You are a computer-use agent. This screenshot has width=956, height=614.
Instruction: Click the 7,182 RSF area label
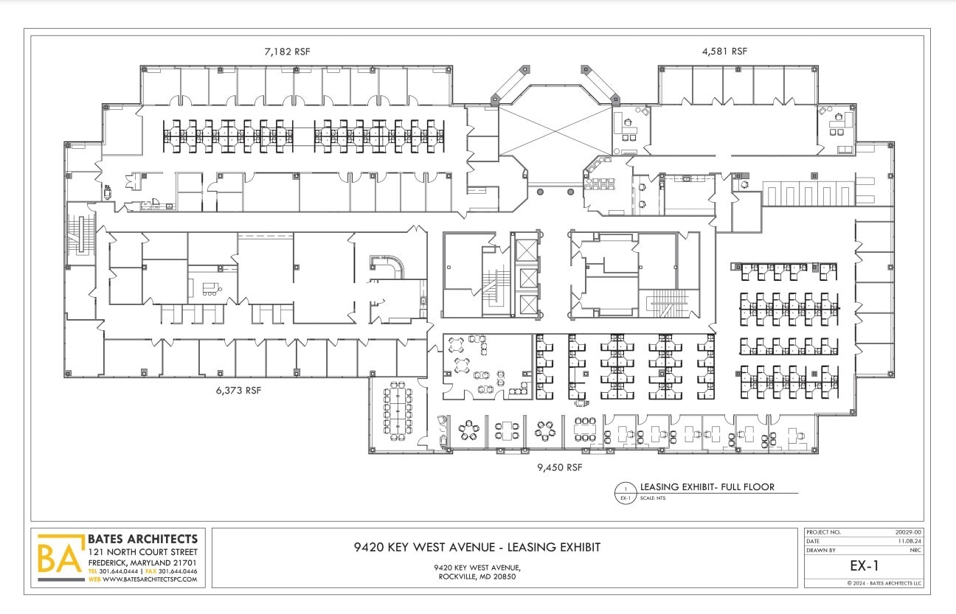(x=287, y=52)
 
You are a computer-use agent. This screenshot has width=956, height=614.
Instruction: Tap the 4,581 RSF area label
(x=724, y=52)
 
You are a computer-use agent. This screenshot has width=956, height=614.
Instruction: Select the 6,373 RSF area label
(x=238, y=390)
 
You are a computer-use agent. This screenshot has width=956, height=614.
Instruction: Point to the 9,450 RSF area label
(x=560, y=467)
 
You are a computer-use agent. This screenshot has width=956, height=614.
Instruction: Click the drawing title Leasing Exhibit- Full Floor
(x=707, y=487)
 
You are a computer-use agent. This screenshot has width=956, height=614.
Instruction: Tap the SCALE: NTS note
(x=654, y=499)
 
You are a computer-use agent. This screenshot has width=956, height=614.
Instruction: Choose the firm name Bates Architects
(x=142, y=539)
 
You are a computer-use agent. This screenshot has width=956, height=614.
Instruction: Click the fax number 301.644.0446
(x=178, y=571)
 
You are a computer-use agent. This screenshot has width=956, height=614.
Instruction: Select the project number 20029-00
(x=907, y=532)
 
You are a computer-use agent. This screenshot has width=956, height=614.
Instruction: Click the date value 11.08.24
(x=910, y=541)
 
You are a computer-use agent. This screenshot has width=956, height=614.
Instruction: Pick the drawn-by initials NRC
(x=915, y=550)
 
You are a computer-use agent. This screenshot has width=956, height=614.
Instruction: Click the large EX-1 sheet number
(x=863, y=567)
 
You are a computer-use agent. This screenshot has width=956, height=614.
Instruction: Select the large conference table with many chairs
(x=398, y=409)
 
